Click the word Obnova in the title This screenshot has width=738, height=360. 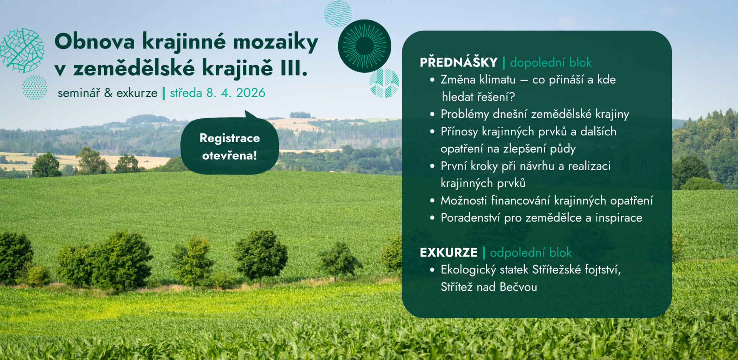tap(95, 41)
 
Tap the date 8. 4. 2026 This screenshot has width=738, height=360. tap(236, 93)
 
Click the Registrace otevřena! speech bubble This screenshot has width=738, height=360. tap(230, 145)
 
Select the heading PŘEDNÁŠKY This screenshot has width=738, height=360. tap(459, 62)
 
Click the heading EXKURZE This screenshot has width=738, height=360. tap(449, 252)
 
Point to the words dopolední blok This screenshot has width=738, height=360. tap(550, 62)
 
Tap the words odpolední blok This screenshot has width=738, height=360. tap(531, 252)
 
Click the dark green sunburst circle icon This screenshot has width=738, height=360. tap(364, 46)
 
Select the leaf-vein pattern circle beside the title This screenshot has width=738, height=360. tap(22, 50)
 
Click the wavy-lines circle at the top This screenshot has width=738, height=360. tap(338, 14)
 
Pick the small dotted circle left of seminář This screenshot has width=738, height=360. tap(35, 87)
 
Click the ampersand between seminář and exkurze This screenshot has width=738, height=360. tap(108, 93)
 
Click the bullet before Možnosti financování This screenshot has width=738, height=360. tap(432, 200)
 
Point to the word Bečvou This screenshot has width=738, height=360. tap(519, 287)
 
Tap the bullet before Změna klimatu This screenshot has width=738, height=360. tap(432, 80)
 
